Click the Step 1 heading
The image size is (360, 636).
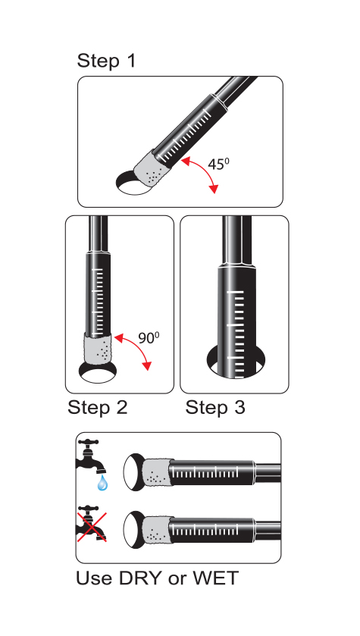pos(106,61)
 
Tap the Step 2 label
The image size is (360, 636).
pos(97,407)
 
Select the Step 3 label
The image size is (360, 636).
pos(215,407)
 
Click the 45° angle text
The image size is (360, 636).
pos(218,164)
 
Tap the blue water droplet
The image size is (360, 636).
pos(102,483)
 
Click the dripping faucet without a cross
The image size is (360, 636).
pos(90,456)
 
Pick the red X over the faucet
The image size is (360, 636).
pos(92,527)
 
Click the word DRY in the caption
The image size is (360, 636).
pos(140,578)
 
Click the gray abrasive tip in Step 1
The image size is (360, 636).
pos(151,171)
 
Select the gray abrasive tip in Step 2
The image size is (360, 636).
pos(97,349)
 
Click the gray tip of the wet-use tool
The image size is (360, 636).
pos(157,473)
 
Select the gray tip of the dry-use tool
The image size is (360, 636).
pos(157,530)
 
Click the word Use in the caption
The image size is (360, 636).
pos(95,578)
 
